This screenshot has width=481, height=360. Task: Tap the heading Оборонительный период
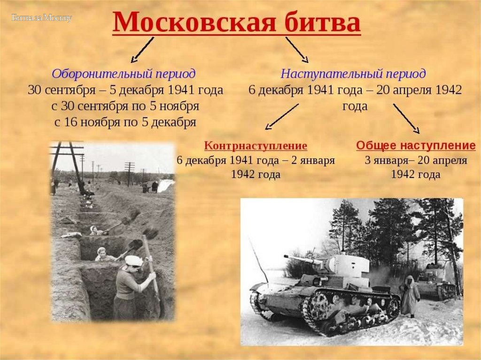pos(124,74)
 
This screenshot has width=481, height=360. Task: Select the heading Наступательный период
pos(353,74)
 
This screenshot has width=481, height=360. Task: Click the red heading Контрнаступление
pos(256,146)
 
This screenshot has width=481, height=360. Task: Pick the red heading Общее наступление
pos(416,146)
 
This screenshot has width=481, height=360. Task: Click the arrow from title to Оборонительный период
pos(142,50)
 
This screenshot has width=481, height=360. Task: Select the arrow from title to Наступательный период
pos(297,50)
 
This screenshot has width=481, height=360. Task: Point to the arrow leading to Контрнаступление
pos(281,116)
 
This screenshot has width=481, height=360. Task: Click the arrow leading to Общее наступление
pos(406,118)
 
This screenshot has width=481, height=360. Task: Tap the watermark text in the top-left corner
pos(41,18)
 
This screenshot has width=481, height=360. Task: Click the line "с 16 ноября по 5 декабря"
pos(125,123)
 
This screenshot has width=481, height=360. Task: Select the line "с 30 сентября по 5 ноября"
pos(125,106)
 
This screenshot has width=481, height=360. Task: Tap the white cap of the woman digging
pos(134,260)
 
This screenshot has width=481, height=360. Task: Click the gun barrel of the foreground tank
pos(303,259)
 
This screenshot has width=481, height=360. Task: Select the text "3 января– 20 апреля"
pos(416,161)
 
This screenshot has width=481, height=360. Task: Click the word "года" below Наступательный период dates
pos(355,107)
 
